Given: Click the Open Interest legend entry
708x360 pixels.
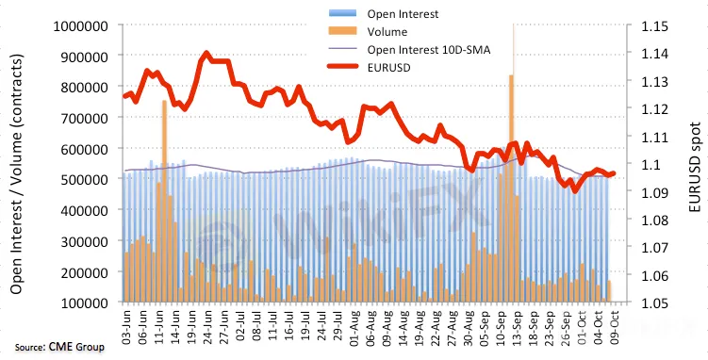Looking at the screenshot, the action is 403,14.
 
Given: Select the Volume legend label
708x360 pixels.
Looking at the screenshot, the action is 387,32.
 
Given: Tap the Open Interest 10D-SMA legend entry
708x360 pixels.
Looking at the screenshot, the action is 429,50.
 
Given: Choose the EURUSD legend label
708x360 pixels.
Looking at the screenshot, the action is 388,68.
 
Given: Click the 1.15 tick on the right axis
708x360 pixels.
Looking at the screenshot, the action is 655,26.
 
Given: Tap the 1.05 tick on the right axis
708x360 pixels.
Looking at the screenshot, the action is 655,303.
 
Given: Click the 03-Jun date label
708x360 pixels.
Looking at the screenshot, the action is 126,325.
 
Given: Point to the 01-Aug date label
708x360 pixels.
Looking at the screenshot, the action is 354,325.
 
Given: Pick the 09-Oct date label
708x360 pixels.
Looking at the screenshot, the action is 614,325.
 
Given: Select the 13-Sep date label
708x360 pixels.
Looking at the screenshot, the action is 517,325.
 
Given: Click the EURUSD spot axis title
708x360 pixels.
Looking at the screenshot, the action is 696,169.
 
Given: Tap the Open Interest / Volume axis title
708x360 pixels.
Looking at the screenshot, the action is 17,174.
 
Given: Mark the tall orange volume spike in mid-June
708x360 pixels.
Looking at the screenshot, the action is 164,201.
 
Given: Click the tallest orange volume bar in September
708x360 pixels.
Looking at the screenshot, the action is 511,188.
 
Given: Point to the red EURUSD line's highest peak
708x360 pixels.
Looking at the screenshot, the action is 206,53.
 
